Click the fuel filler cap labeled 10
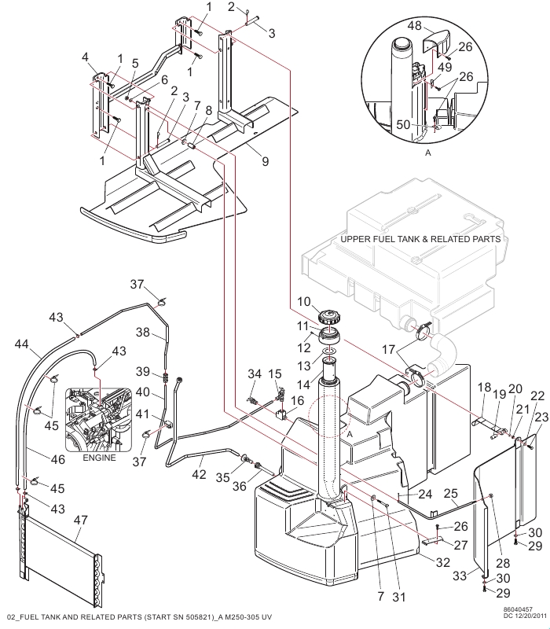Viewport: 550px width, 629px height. (329, 318)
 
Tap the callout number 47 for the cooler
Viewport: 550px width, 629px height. (81, 520)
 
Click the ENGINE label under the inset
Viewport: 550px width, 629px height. (99, 458)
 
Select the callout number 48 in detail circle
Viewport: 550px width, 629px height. (414, 26)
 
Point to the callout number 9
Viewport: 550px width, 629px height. (265, 161)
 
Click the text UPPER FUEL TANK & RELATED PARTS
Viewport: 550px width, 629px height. (420, 239)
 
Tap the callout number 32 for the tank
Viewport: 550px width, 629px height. (443, 562)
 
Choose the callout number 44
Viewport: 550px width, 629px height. (22, 344)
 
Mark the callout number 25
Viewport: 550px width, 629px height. (450, 493)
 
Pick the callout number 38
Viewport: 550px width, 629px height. (143, 332)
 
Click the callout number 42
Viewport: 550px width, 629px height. (199, 474)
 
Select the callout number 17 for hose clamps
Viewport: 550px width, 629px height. (388, 349)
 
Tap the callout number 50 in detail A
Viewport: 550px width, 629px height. (403, 124)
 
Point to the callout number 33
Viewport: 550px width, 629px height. (460, 576)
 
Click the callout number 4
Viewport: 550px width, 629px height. (85, 57)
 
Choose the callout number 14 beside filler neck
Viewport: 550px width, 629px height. (303, 384)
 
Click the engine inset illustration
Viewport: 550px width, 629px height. (99, 419)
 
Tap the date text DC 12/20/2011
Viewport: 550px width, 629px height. (525, 616)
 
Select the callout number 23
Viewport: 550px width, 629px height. (541, 417)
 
